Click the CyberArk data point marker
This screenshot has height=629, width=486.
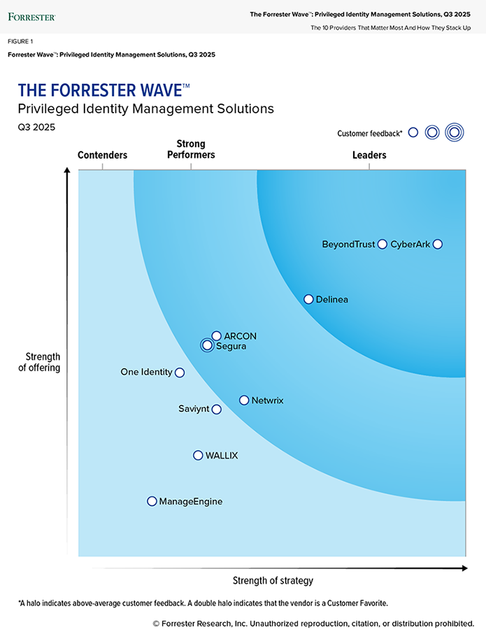[438, 244]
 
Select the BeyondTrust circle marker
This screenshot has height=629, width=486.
[382, 244]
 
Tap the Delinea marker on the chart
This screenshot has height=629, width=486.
[308, 299]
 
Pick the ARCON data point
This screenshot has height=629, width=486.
[217, 336]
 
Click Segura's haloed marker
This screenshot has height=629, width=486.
[206, 345]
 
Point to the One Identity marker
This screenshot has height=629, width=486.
[180, 373]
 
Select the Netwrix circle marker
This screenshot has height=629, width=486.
[244, 400]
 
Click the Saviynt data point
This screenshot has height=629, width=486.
[217, 410]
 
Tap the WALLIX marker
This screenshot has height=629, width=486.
[198, 456]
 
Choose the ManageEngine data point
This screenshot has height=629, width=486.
[152, 501]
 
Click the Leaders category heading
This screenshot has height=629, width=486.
[369, 155]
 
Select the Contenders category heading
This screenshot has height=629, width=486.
[102, 155]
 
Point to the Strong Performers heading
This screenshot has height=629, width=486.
[191, 150]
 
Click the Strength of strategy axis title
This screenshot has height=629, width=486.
[273, 581]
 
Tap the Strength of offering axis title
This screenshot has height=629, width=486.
[39, 362]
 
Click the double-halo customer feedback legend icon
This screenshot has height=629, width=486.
[455, 132]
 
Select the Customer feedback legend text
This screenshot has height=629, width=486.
[369, 133]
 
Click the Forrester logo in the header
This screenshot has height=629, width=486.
[32, 16]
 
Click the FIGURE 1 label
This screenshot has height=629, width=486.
[21, 41]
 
